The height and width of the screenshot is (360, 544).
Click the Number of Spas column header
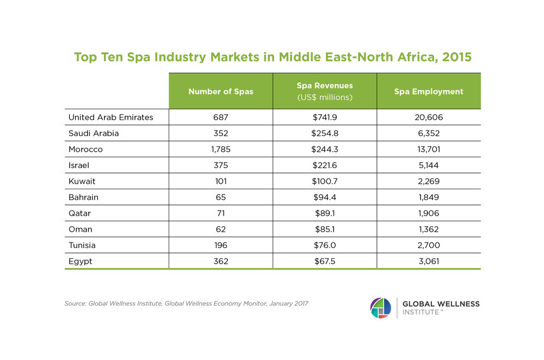pos(220,91)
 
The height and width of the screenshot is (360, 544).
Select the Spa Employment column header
pos(429,91)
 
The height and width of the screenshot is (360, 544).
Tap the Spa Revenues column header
pos(325,91)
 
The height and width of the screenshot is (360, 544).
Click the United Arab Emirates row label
pos(110,117)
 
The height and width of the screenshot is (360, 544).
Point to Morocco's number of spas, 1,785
pos(220,149)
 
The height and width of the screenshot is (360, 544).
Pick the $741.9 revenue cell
pos(325,117)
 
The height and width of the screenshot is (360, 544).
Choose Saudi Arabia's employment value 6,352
pos(429,133)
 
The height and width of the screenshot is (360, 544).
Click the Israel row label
pos(79,165)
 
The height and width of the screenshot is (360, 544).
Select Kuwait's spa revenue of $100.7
pos(325,181)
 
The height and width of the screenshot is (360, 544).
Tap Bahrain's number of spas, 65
pos(220,197)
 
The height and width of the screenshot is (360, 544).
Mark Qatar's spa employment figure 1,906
pos(429,213)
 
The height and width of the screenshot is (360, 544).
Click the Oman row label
pos(80,229)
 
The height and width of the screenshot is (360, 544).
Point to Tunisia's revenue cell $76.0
pos(325,245)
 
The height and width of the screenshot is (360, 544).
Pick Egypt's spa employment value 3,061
pos(429,261)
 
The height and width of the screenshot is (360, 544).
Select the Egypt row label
pos(80,261)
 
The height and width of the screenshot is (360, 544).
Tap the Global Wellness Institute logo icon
pos(380,308)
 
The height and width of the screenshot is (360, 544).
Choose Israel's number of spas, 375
pos(220,165)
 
